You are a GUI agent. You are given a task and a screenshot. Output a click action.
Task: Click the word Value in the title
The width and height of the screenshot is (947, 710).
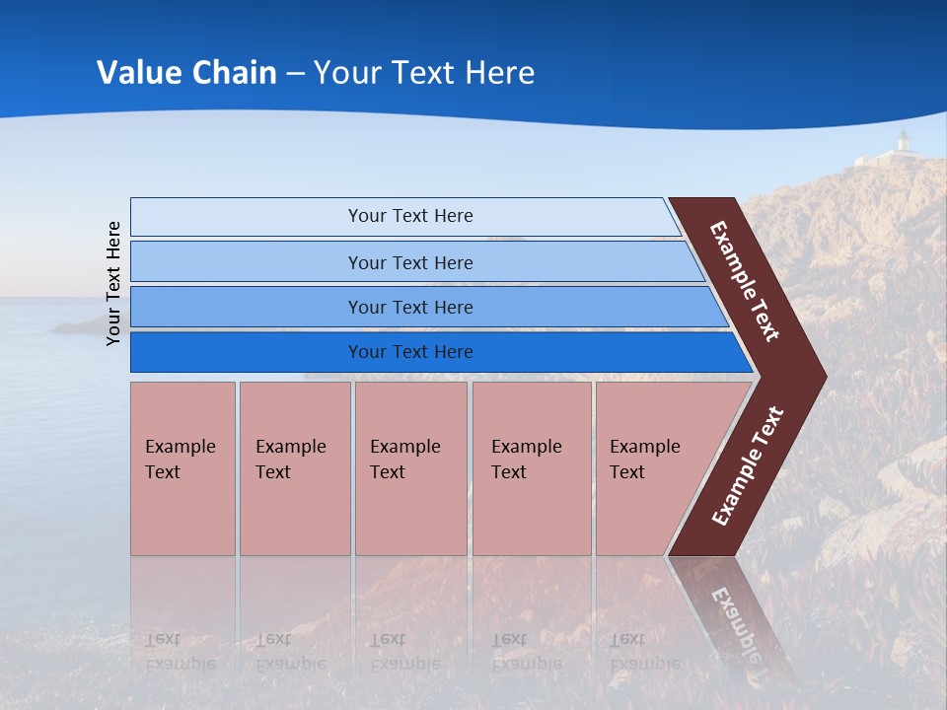[x=137, y=73]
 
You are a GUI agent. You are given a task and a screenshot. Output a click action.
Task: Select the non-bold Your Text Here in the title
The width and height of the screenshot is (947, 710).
[x=424, y=73]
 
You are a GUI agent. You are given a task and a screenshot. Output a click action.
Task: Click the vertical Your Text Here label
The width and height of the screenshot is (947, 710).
[x=113, y=283]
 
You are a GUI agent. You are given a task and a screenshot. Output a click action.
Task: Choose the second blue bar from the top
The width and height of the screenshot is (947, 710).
[x=409, y=262]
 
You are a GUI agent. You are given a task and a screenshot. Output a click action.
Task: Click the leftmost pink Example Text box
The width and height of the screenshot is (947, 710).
[x=182, y=468]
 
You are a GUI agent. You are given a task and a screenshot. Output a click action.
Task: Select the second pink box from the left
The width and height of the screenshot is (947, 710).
[x=294, y=468]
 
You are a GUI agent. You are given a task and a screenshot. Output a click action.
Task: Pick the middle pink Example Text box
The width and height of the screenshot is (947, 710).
[x=410, y=468]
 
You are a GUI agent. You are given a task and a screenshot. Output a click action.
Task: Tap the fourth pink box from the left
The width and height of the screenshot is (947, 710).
[x=532, y=468]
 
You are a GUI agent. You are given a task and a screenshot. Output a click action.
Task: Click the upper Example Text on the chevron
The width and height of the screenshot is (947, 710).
[x=745, y=281]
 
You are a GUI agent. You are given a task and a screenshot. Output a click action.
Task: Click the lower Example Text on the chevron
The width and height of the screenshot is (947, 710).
[x=748, y=466]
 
